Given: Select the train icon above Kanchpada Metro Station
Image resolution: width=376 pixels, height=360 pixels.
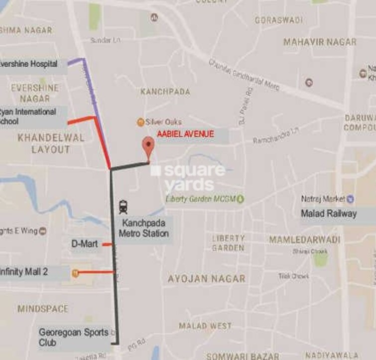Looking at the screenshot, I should [x=123, y=206].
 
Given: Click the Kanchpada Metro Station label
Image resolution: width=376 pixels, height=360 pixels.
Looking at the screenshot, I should [x=143, y=228].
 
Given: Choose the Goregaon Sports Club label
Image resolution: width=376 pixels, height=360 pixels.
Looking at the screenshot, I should [x=73, y=337].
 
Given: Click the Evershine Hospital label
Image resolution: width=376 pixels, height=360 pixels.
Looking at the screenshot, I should [x=29, y=64].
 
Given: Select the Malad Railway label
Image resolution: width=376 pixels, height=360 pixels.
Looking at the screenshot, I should [x=329, y=214].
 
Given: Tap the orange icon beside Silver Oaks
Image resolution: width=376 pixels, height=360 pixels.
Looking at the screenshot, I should [x=141, y=122].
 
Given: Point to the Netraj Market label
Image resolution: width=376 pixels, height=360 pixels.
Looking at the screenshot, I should [x=323, y=199].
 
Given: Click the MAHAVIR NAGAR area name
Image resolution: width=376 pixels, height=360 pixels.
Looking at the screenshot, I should [x=320, y=42].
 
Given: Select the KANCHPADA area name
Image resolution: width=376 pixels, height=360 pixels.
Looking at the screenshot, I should [x=165, y=92].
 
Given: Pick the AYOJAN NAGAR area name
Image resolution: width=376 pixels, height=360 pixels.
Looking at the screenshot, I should [x=206, y=279].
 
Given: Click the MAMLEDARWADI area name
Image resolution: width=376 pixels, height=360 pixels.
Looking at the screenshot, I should [x=305, y=240].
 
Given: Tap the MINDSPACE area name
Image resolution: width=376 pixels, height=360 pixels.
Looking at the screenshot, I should [x=43, y=309].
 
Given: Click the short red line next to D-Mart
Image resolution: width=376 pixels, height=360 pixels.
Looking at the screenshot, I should [x=107, y=244].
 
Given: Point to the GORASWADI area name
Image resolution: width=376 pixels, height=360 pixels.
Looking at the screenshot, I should [x=278, y=20].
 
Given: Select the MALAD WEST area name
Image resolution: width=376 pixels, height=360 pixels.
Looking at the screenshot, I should [x=205, y=326].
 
